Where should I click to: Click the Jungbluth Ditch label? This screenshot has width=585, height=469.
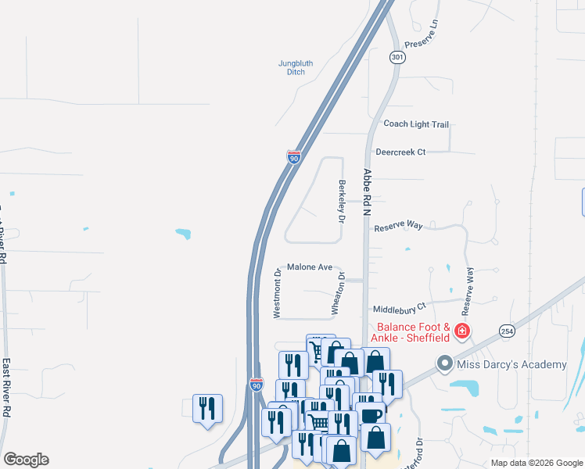tap(295, 67)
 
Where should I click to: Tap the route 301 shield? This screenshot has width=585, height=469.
tap(397, 57)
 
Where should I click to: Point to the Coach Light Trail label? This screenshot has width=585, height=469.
tap(416, 124)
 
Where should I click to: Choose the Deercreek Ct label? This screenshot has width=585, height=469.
tap(400, 152)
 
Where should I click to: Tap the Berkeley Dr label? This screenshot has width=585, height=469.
tap(341, 202)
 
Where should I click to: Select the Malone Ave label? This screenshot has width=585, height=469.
tap(310, 267)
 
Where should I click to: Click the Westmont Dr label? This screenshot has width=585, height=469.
tap(277, 293)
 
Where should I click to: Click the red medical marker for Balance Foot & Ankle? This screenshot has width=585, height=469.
tap(462, 331)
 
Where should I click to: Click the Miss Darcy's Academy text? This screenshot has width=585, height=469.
tap(512, 364)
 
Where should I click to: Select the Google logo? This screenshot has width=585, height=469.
tap(26, 460)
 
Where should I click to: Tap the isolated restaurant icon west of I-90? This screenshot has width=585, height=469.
tap(207, 408)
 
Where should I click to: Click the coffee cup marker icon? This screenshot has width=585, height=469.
tap(370, 416)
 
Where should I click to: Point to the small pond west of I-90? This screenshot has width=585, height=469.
tap(183, 233)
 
